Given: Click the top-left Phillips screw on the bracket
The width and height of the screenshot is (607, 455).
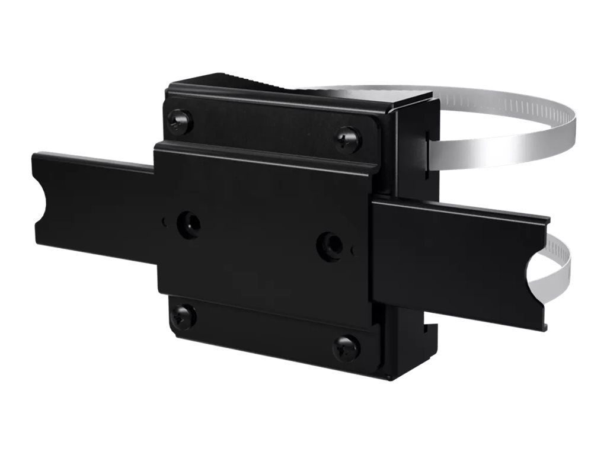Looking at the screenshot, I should (x=180, y=122).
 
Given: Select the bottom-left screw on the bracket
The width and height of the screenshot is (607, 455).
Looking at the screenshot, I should (x=183, y=316).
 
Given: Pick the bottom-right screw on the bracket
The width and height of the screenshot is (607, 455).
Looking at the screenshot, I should (x=346, y=348).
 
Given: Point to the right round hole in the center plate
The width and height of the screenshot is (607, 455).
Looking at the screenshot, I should (x=329, y=245).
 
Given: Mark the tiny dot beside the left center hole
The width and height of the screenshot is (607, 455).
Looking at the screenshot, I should (x=164, y=223).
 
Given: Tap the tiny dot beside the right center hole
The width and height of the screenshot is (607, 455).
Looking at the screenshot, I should (x=353, y=251).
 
